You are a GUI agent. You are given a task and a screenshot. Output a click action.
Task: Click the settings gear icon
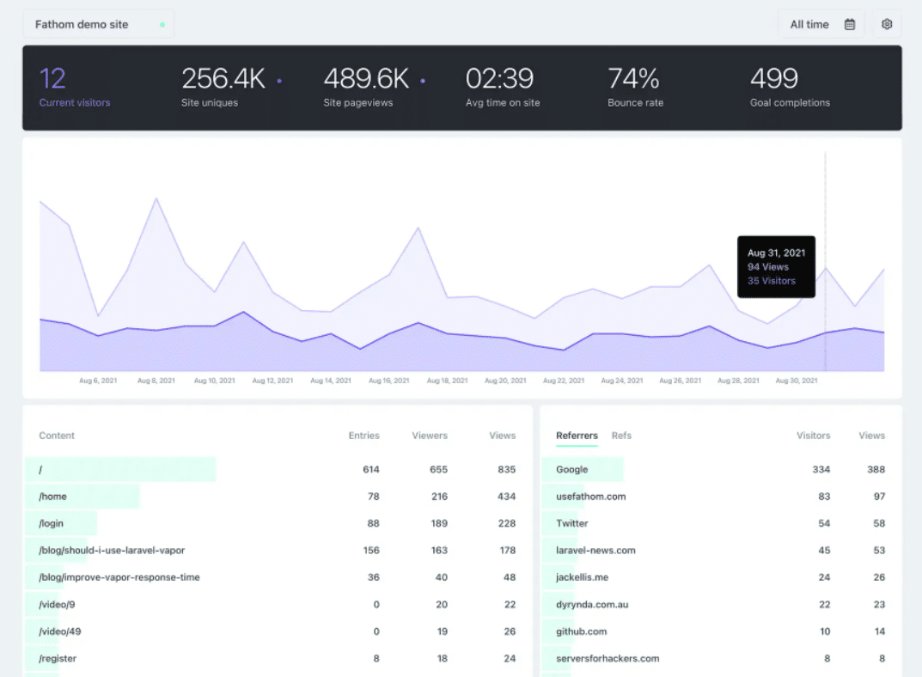click(887, 24)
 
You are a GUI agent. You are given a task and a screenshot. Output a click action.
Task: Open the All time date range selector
click(821, 24)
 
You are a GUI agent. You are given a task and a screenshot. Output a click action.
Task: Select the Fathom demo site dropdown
click(98, 24)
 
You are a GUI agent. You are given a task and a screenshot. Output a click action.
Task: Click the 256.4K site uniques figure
click(223, 79)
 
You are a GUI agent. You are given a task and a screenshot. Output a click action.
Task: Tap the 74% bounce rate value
click(633, 79)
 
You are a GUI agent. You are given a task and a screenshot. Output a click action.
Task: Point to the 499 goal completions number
click(774, 79)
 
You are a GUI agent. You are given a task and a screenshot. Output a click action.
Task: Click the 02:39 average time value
click(499, 79)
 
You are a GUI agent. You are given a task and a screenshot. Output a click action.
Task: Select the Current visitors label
click(75, 103)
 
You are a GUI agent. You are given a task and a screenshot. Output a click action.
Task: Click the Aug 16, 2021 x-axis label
click(389, 380)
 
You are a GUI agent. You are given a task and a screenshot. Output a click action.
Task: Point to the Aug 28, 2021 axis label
click(738, 380)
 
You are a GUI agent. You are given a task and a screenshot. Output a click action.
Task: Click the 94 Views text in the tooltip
click(767, 267)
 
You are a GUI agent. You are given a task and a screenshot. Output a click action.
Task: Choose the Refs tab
click(621, 436)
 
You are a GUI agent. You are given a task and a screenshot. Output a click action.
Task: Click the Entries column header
click(363, 436)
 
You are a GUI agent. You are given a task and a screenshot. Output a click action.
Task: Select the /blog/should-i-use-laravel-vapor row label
click(112, 551)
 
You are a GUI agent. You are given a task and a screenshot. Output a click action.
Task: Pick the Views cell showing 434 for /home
click(506, 497)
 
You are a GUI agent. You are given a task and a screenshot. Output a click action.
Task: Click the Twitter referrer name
click(572, 523)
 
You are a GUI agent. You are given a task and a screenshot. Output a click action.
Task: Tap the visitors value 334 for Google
click(821, 470)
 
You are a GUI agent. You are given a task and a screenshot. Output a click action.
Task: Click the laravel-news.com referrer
click(595, 551)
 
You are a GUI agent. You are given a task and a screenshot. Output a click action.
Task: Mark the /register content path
click(58, 659)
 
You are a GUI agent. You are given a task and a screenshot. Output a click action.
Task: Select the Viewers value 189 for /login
click(438, 524)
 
